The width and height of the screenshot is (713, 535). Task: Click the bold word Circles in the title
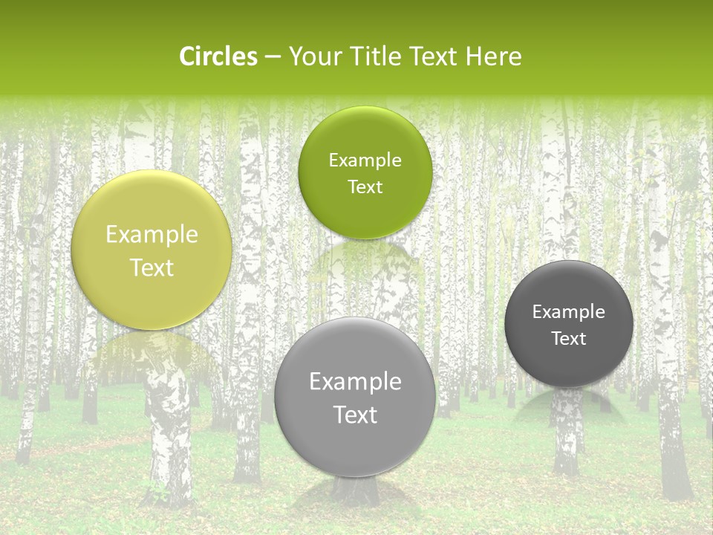tap(218, 56)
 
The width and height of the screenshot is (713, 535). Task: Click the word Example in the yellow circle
tap(152, 235)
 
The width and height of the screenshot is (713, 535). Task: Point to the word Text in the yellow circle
tap(152, 268)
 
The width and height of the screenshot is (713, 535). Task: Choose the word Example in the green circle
tap(365, 160)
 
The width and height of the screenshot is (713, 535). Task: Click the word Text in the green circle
tap(365, 187)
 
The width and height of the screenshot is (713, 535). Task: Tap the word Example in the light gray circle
tap(355, 382)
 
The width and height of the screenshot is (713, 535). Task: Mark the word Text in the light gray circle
tap(355, 415)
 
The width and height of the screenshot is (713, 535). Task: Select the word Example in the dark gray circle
tap(568, 312)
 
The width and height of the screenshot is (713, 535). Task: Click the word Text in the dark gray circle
tap(568, 339)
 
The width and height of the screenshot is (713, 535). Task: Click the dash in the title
tap(273, 57)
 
